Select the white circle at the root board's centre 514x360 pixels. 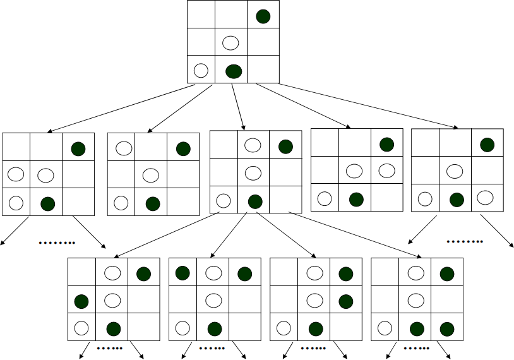(231, 43)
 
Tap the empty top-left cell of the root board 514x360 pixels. (201, 15)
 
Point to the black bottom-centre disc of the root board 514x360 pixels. (234, 71)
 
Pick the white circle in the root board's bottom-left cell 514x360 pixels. (201, 70)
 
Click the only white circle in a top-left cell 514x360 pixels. (124, 148)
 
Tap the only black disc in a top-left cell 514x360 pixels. (182, 273)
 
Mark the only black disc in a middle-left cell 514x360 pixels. (81, 300)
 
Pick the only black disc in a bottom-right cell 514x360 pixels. (447, 329)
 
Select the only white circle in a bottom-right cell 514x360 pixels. (485, 197)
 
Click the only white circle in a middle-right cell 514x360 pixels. (386, 170)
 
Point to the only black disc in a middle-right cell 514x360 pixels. (345, 301)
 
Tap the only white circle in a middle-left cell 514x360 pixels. (16, 174)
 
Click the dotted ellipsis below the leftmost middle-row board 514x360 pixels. (57, 243)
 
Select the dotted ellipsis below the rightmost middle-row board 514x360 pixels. (465, 241)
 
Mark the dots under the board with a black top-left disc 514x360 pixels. (212, 348)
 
